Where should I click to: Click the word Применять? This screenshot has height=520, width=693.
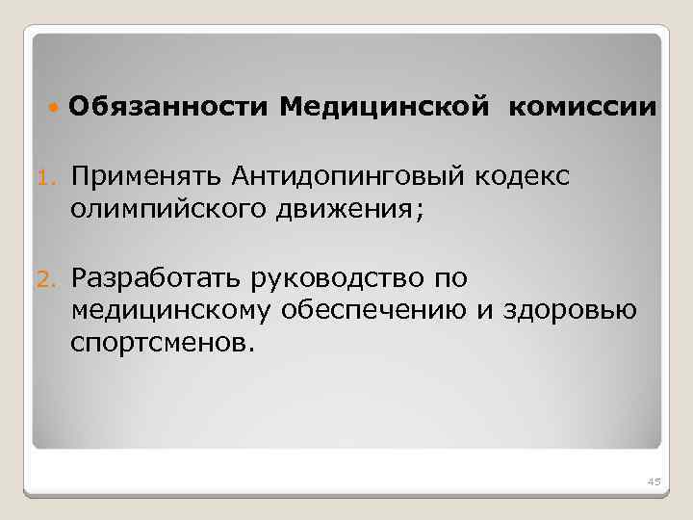(147, 177)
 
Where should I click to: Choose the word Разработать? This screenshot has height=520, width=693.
(156, 279)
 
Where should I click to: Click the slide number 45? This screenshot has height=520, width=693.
(653, 481)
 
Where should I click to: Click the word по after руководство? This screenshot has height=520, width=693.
(449, 279)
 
